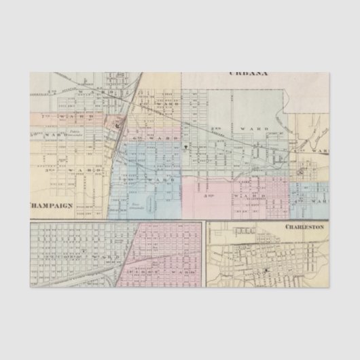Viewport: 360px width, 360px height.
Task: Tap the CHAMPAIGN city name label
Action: coord(51,204)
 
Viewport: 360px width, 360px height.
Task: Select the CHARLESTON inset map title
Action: coord(304,226)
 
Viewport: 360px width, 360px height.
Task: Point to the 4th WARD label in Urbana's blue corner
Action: coord(318,202)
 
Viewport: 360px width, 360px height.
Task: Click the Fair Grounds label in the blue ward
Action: coord(139,202)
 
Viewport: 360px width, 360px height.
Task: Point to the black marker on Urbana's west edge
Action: coord(185,145)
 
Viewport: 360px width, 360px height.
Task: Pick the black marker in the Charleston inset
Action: coord(267,270)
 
